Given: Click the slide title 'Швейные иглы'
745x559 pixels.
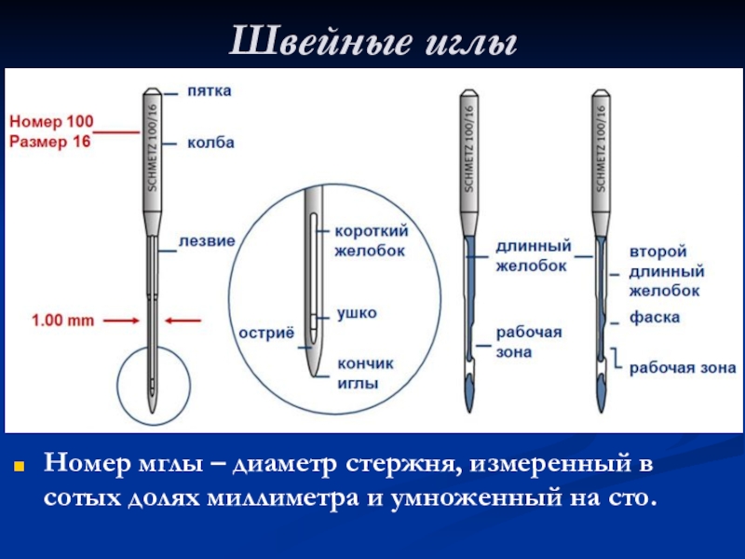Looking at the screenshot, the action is click(372, 41).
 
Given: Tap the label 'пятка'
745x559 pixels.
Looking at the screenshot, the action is click(210, 91).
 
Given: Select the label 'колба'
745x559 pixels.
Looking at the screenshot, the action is click(210, 143).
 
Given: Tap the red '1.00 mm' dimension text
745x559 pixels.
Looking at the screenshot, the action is click(63, 320).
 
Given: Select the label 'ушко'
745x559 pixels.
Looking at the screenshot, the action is click(357, 313).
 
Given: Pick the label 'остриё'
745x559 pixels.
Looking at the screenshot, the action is click(265, 333).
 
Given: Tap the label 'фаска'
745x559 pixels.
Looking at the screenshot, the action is click(655, 318).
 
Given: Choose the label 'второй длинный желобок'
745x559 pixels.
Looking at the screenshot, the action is click(665, 271).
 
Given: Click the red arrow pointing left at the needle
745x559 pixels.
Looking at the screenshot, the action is click(186, 320).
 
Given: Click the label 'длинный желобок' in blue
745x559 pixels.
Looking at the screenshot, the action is click(531, 256).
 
